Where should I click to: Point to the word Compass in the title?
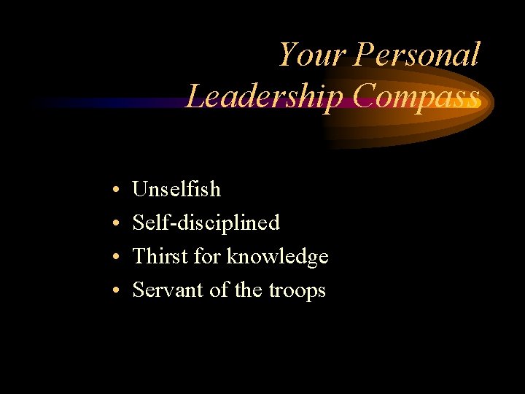pos(412,96)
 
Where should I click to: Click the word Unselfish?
pos(176,189)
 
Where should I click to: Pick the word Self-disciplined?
pos(206,223)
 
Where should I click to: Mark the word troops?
pos(297,291)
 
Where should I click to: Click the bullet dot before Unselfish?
pos(117,190)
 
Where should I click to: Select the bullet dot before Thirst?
pos(117,258)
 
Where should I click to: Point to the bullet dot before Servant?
pos(117,291)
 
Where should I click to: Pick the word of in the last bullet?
pos(219,290)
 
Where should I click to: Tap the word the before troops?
pos(249,290)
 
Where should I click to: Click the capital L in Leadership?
pos(195,96)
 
